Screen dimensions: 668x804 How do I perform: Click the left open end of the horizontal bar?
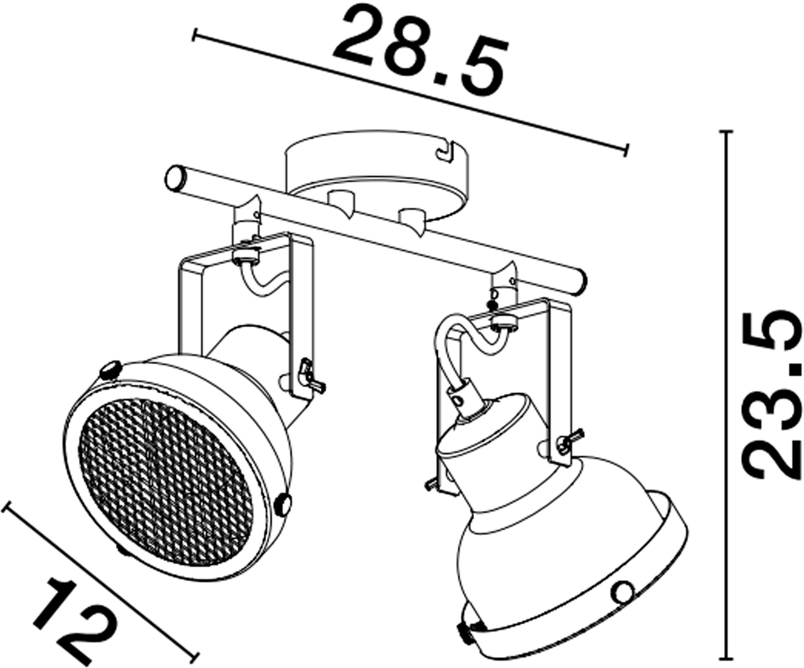(x=174, y=177)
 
